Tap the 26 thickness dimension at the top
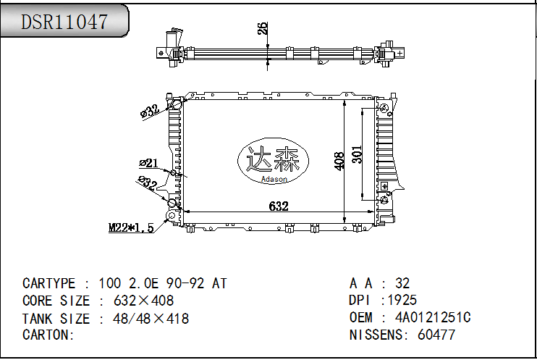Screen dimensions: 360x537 (263, 28)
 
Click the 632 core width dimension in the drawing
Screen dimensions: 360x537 (279, 206)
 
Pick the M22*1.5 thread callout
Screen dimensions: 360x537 (131, 227)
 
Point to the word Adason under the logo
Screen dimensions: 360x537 (274, 179)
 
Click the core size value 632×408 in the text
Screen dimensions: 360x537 (136, 301)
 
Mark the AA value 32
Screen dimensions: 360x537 (402, 283)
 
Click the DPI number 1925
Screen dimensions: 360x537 (402, 301)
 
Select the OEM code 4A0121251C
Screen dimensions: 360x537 (433, 318)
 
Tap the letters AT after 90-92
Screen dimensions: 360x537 (219, 283)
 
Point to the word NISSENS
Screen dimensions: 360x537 (376, 335)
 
